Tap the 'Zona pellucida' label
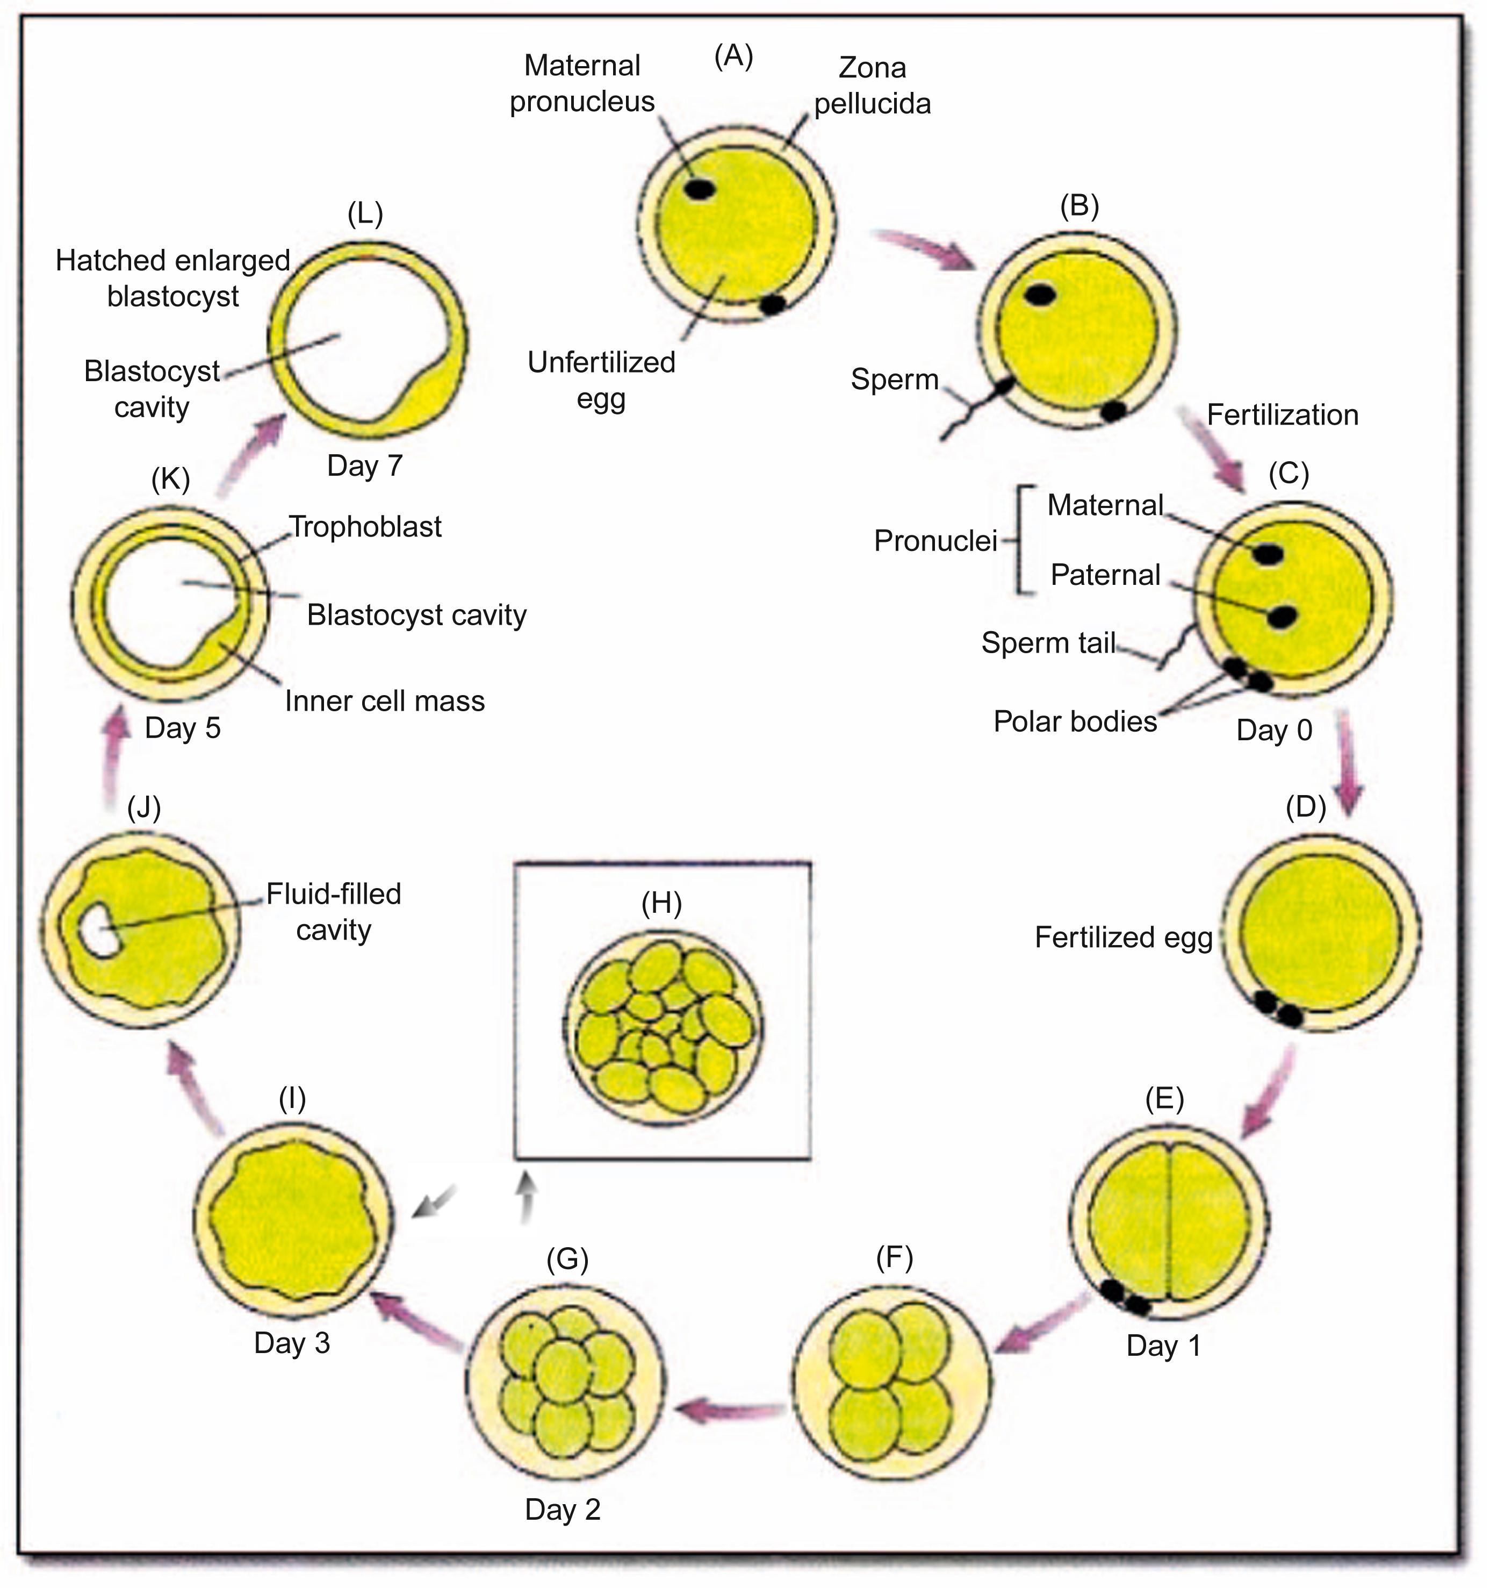point(872,85)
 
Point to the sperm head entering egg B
point(1003,388)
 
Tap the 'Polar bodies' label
point(1075,721)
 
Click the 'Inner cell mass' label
point(385,702)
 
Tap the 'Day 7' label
point(365,466)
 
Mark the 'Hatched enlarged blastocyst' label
point(173,278)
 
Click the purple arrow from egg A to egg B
point(926,249)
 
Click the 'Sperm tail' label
point(1048,642)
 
